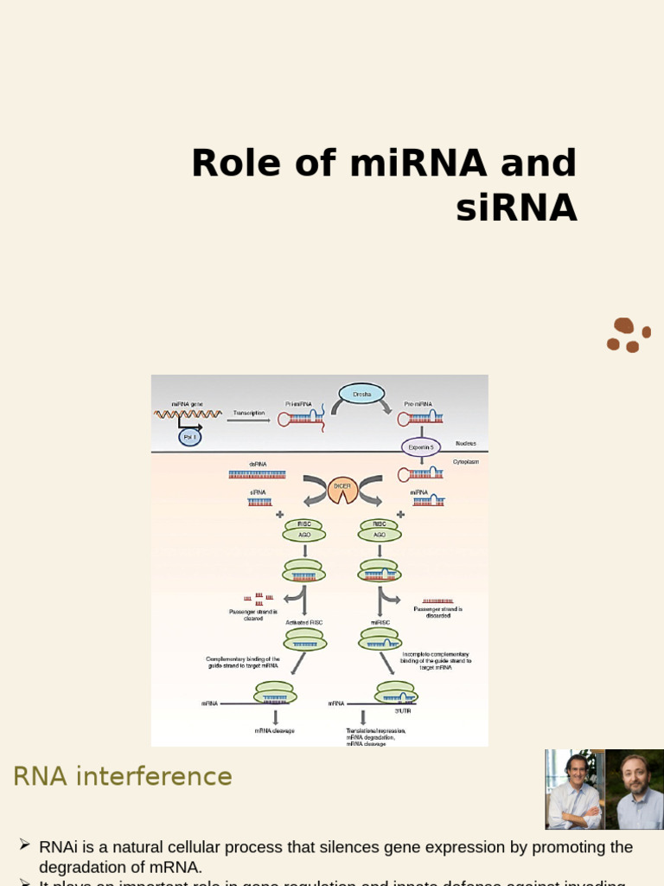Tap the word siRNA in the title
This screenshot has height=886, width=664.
pos(517,208)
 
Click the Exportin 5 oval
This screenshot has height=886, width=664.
pos(421,447)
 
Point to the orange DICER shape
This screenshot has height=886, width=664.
pos(342,487)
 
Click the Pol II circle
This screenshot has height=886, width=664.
pos(189,437)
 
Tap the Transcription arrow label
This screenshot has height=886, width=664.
pos(249,414)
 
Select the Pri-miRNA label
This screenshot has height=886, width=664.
pos(299,404)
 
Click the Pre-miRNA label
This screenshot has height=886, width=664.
pos(418,404)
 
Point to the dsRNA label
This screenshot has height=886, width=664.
pos(258,465)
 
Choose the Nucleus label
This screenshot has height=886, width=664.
pos(466,443)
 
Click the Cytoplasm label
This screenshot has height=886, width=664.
pos(466,462)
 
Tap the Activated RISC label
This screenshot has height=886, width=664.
pos(304,622)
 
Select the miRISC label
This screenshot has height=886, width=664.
pos(380,622)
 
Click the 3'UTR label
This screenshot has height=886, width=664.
pos(402,710)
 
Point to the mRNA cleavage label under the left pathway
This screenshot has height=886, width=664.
pos(274,731)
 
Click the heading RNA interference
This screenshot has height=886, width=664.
pos(123,777)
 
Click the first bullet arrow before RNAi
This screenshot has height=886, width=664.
pos(23,844)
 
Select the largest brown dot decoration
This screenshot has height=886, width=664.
pos(623,326)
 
